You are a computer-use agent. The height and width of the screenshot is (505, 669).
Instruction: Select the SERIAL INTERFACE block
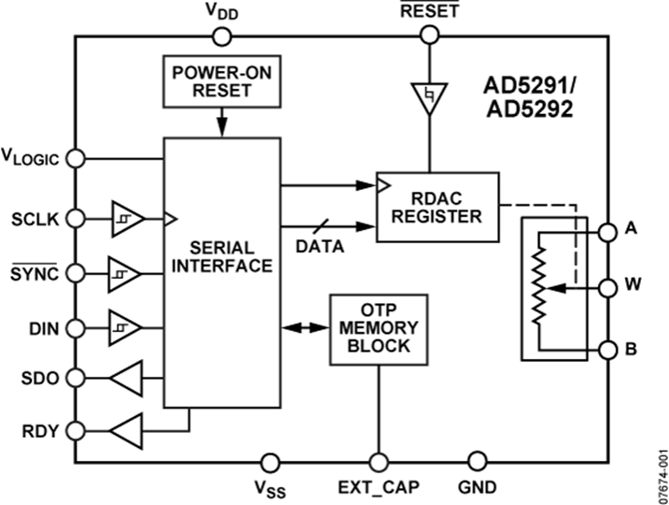pyautogui.click(x=222, y=271)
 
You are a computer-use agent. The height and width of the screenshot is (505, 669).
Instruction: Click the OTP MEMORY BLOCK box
pyautogui.click(x=378, y=329)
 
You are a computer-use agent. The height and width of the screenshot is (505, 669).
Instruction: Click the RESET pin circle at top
pyautogui.click(x=430, y=36)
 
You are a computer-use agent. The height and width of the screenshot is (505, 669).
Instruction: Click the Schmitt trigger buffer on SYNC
pyautogui.click(x=125, y=273)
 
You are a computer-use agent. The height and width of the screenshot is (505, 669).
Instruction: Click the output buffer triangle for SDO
pyautogui.click(x=127, y=379)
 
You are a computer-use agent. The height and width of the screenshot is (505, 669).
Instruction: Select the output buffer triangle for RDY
pyautogui.click(x=127, y=431)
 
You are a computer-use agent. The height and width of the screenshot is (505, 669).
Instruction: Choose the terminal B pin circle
pyautogui.click(x=607, y=350)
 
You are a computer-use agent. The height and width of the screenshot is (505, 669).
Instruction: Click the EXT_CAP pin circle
pyautogui.click(x=378, y=461)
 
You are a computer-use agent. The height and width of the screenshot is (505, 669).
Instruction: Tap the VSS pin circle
pyautogui.click(x=270, y=461)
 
